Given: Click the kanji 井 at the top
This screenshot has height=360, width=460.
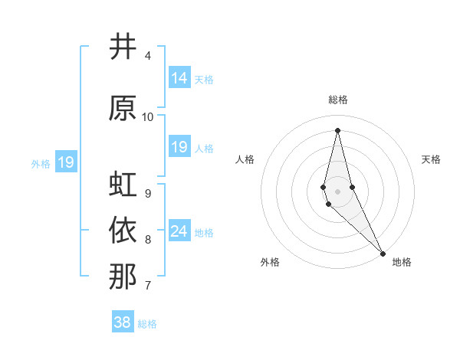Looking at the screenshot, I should [x=123, y=47].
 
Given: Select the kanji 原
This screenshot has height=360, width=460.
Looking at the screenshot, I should [x=123, y=108].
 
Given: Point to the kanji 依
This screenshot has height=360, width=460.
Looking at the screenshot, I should [x=123, y=230].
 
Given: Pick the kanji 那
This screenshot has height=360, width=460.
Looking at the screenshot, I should [x=123, y=276].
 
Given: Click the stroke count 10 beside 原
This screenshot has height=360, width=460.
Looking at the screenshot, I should [x=148, y=116].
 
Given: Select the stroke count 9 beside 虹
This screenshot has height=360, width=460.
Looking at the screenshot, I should [x=148, y=193].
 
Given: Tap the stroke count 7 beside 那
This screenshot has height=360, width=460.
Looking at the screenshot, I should [x=148, y=286].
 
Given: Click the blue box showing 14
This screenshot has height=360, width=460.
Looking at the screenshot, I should [x=179, y=78].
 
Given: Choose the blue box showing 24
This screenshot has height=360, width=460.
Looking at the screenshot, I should [x=179, y=231].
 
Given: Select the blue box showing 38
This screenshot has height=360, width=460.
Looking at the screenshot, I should [x=123, y=322].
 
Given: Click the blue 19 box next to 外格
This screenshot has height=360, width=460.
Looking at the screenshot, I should [x=65, y=162].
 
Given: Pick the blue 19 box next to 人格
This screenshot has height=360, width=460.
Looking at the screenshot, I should [x=179, y=147].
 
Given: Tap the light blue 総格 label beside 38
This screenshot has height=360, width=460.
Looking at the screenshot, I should [x=147, y=324].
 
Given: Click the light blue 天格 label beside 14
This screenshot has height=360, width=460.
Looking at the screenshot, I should [x=204, y=79].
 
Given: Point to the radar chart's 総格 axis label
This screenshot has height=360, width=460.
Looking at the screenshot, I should [x=337, y=100].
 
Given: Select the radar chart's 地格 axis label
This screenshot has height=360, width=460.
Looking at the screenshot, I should [x=402, y=262].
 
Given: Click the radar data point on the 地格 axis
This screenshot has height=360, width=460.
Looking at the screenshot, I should [x=383, y=253].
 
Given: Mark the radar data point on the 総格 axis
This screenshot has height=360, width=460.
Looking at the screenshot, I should [x=337, y=129].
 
